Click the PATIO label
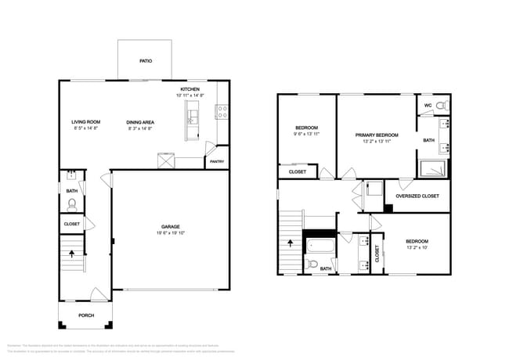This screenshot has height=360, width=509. coord(146,60)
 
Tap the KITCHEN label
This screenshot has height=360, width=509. coord(190,89)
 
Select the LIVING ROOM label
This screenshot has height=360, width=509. coord(85,121)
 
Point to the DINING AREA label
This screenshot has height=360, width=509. coord(141,121)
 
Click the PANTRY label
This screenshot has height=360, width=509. coord(216,162)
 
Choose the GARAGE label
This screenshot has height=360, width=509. coord(170,227)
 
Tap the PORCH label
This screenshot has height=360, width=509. coord(85,316)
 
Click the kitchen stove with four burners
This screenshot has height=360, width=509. coord(222,112)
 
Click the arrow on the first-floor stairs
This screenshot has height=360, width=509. coord(73,254)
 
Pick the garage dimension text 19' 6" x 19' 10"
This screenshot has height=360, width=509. coord(170,233)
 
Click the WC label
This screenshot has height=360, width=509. coord(428,105)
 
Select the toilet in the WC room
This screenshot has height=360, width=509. coord(442,105)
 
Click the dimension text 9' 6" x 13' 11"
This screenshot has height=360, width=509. coord(306,134)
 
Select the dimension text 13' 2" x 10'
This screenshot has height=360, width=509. coord(417,247)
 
